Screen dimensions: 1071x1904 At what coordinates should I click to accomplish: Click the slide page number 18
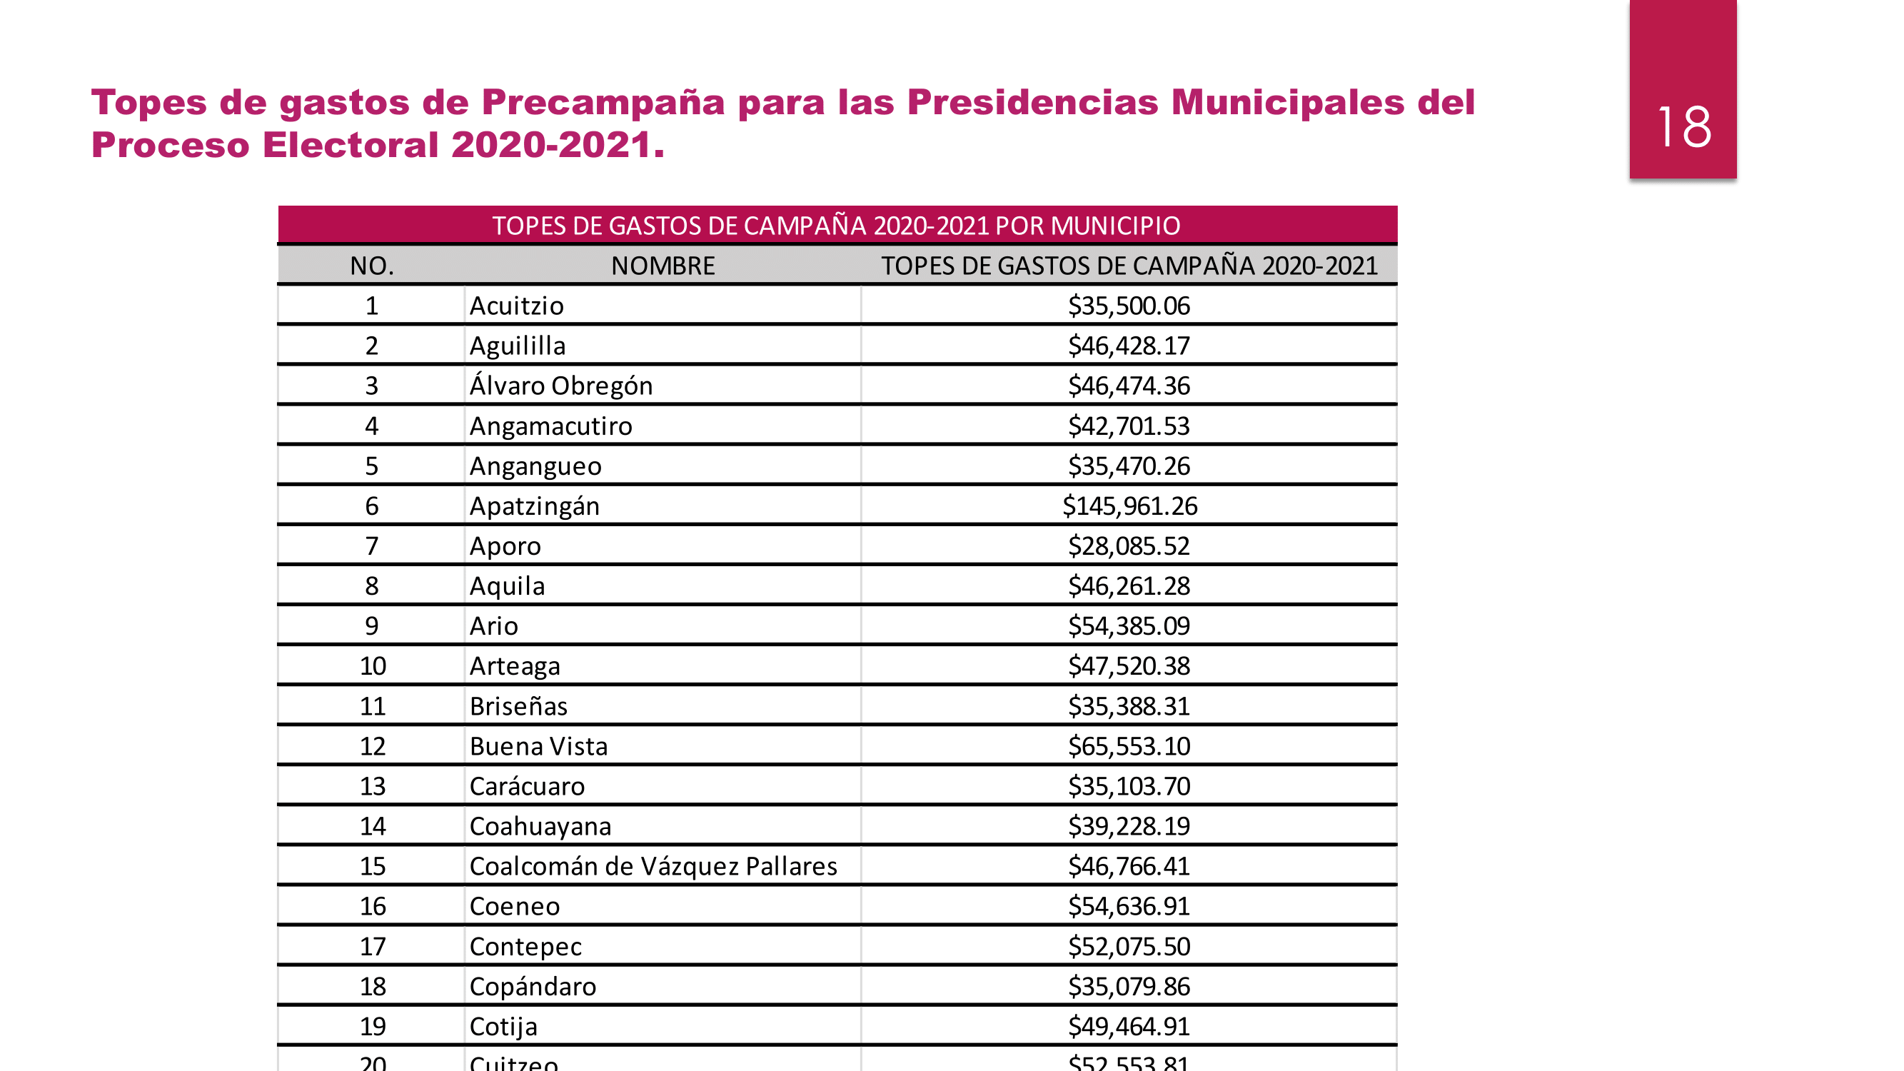[1683, 127]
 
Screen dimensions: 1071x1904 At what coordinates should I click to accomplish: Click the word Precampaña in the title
[603, 102]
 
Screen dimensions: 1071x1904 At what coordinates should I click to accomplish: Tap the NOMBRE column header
[663, 266]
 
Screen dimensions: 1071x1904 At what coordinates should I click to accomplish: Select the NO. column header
[372, 266]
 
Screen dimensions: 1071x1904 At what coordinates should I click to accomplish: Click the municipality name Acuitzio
[516, 306]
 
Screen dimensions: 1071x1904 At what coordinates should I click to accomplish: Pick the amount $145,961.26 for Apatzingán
[1129, 506]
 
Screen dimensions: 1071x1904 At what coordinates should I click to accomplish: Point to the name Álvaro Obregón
[560, 386]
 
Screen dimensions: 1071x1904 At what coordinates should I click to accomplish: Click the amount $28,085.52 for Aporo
[1129, 546]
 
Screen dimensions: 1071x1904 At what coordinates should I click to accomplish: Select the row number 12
[373, 747]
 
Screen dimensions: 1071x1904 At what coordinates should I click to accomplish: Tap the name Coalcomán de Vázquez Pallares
[653, 866]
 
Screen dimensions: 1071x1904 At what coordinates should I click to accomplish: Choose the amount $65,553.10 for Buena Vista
[1129, 747]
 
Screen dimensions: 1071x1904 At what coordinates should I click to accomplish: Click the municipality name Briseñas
[518, 707]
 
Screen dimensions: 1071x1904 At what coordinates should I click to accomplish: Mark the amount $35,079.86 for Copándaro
[1129, 987]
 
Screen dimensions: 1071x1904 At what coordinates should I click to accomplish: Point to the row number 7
[372, 546]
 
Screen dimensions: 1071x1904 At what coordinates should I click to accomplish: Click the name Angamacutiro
[550, 426]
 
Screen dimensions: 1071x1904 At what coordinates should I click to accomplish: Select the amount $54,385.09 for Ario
[1129, 626]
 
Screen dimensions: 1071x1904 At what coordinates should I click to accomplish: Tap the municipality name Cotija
[503, 1027]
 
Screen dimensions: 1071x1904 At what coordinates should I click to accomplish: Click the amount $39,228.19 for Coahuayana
[1129, 826]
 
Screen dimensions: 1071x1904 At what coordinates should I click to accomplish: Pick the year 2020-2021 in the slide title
[550, 145]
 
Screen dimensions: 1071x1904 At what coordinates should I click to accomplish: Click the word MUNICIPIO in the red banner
[1115, 226]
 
